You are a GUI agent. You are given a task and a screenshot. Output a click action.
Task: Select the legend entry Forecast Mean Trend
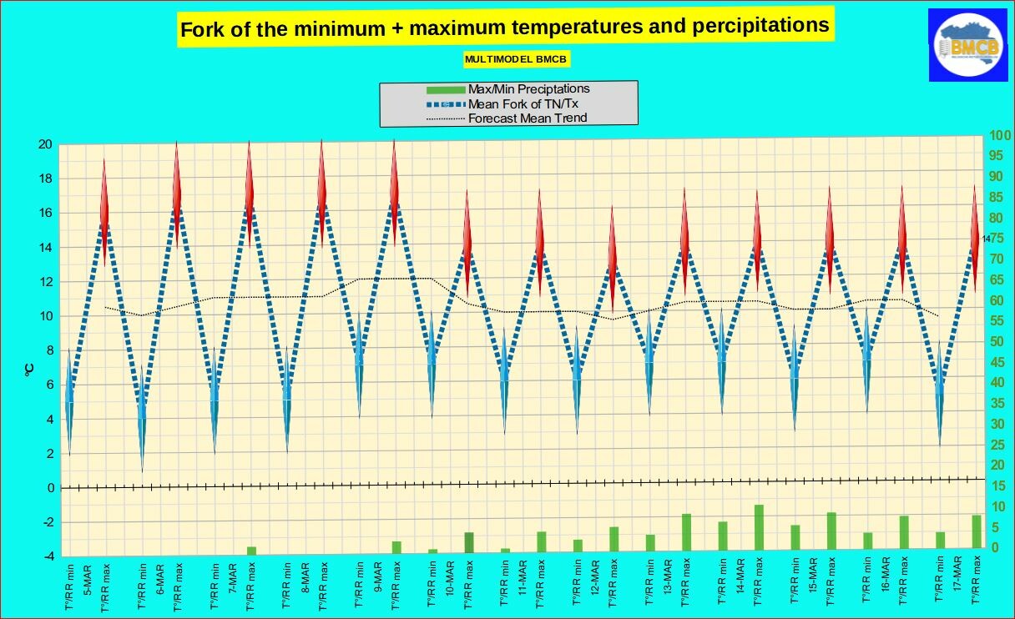(x=527, y=118)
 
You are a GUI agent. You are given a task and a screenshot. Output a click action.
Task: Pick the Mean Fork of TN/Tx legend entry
(x=523, y=103)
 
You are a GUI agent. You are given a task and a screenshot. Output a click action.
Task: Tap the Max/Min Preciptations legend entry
(x=528, y=88)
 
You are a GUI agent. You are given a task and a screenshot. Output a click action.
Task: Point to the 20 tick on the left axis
(x=46, y=144)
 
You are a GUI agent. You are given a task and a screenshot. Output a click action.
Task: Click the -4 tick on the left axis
(x=48, y=556)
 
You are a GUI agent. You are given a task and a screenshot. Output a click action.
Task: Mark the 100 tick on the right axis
(x=1000, y=136)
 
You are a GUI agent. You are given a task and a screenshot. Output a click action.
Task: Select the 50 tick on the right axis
(x=997, y=341)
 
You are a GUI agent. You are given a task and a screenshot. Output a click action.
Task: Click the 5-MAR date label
(x=88, y=576)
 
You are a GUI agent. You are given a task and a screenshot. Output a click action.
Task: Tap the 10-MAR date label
(x=449, y=576)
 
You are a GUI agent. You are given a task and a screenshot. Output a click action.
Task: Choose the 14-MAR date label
(x=740, y=576)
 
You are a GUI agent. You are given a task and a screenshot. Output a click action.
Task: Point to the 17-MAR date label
(x=957, y=576)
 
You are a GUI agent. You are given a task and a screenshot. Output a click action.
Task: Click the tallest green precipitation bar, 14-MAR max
(x=759, y=526)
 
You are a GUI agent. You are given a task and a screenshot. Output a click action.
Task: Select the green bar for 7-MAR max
(x=251, y=550)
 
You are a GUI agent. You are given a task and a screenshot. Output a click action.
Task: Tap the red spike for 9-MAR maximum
(x=395, y=188)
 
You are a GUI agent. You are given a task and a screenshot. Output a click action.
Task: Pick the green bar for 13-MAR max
(x=686, y=531)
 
